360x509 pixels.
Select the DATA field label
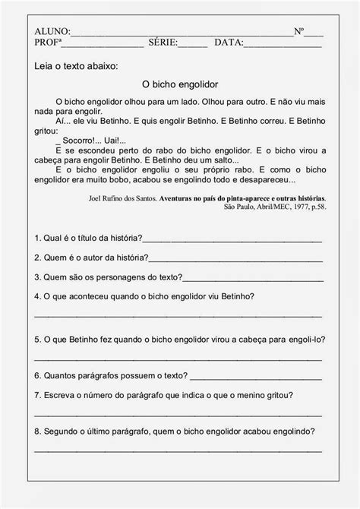click(229, 43)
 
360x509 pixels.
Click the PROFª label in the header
click(49, 43)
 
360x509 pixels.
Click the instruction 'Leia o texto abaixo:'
click(77, 67)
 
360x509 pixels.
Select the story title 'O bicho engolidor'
click(180, 84)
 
